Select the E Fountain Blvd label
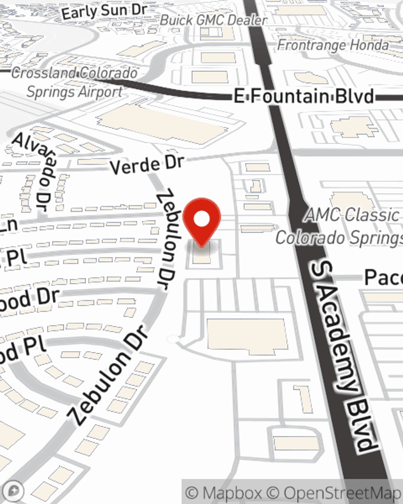(x=304, y=97)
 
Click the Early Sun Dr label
(x=104, y=11)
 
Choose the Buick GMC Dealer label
(x=214, y=20)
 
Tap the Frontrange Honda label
(x=333, y=45)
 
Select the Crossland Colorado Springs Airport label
(x=75, y=83)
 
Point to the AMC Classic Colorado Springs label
(x=343, y=226)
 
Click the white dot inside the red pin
(x=201, y=219)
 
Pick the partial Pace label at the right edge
(x=383, y=277)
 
